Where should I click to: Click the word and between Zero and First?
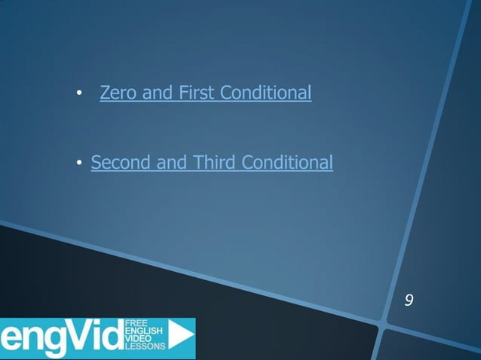click(158, 93)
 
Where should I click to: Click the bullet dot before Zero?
click(78, 95)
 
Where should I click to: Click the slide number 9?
click(409, 301)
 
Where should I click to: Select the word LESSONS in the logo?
click(144, 349)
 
